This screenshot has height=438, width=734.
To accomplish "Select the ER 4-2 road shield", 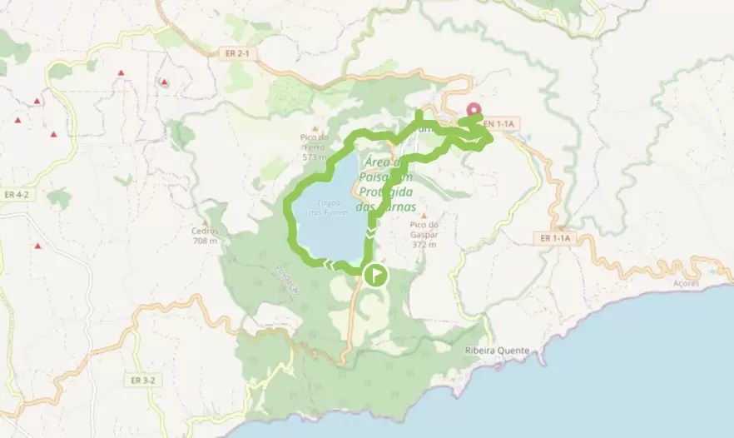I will click(x=16, y=194).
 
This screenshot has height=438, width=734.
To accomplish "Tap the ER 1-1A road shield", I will click(x=555, y=238).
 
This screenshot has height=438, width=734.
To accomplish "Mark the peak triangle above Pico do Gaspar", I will click(x=423, y=216).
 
